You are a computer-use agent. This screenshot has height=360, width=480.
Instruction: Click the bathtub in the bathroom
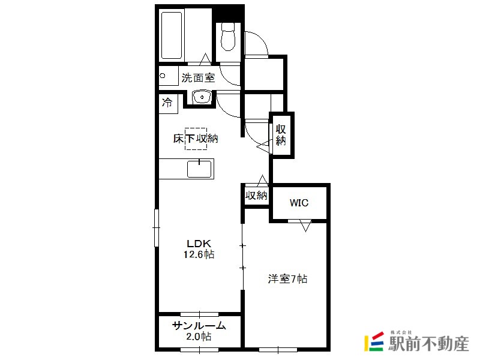point(172,35)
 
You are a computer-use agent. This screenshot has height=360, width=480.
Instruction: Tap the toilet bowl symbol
point(228,37)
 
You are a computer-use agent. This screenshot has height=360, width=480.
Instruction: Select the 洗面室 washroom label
point(198,78)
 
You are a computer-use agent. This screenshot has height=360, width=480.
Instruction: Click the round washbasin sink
point(202,97)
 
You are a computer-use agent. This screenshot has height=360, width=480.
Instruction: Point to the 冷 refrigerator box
point(168,103)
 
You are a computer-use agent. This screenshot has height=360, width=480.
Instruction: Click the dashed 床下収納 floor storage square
point(196,139)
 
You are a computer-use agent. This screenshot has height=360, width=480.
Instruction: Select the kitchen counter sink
point(199,169)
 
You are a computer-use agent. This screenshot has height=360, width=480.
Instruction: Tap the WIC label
point(299,203)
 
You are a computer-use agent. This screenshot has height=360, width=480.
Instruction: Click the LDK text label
point(199,244)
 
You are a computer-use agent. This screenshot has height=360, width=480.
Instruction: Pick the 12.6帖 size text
point(199,254)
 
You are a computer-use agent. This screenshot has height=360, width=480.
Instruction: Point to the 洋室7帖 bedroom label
point(288,279)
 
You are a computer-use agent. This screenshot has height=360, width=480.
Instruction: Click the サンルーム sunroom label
point(199,326)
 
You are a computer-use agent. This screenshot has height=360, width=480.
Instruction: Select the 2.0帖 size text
point(199,337)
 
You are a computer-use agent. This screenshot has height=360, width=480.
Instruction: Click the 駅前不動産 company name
point(428,343)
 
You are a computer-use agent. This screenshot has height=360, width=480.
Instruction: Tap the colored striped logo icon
point(374,341)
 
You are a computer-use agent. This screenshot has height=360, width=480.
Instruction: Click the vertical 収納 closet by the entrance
point(281,135)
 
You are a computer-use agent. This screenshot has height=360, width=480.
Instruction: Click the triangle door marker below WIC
point(305,226)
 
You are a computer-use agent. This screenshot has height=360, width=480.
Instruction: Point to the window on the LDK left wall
point(157,228)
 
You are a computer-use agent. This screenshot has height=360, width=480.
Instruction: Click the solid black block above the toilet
point(229,13)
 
